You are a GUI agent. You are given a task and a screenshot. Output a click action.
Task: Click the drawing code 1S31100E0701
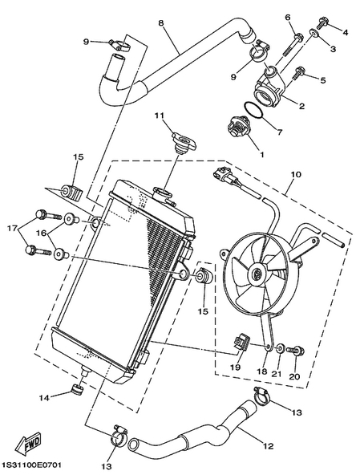32,465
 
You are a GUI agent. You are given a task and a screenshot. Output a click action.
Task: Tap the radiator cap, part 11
184,142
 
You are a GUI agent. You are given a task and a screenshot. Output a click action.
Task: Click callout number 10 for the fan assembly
296,174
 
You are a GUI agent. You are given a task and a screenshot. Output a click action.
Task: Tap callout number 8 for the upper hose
161,22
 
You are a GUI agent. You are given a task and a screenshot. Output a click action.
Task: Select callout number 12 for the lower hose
269,446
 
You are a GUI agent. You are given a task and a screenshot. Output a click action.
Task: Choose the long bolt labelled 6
292,45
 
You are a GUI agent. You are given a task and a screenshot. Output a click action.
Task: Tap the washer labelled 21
280,348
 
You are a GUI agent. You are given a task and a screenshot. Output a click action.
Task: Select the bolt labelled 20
295,351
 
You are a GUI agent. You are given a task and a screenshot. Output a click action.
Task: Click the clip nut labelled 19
241,342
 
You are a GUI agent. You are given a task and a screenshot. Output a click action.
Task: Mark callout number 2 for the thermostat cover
301,106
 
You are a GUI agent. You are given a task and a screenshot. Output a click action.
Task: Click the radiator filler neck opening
164,193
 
